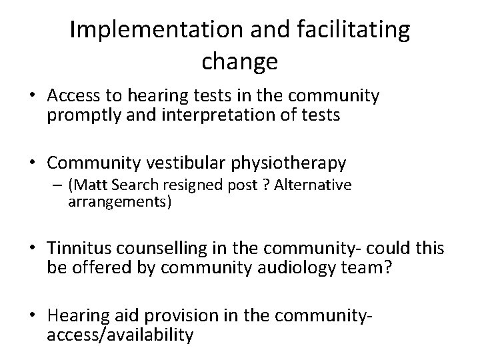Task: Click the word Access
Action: click(x=71, y=97)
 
